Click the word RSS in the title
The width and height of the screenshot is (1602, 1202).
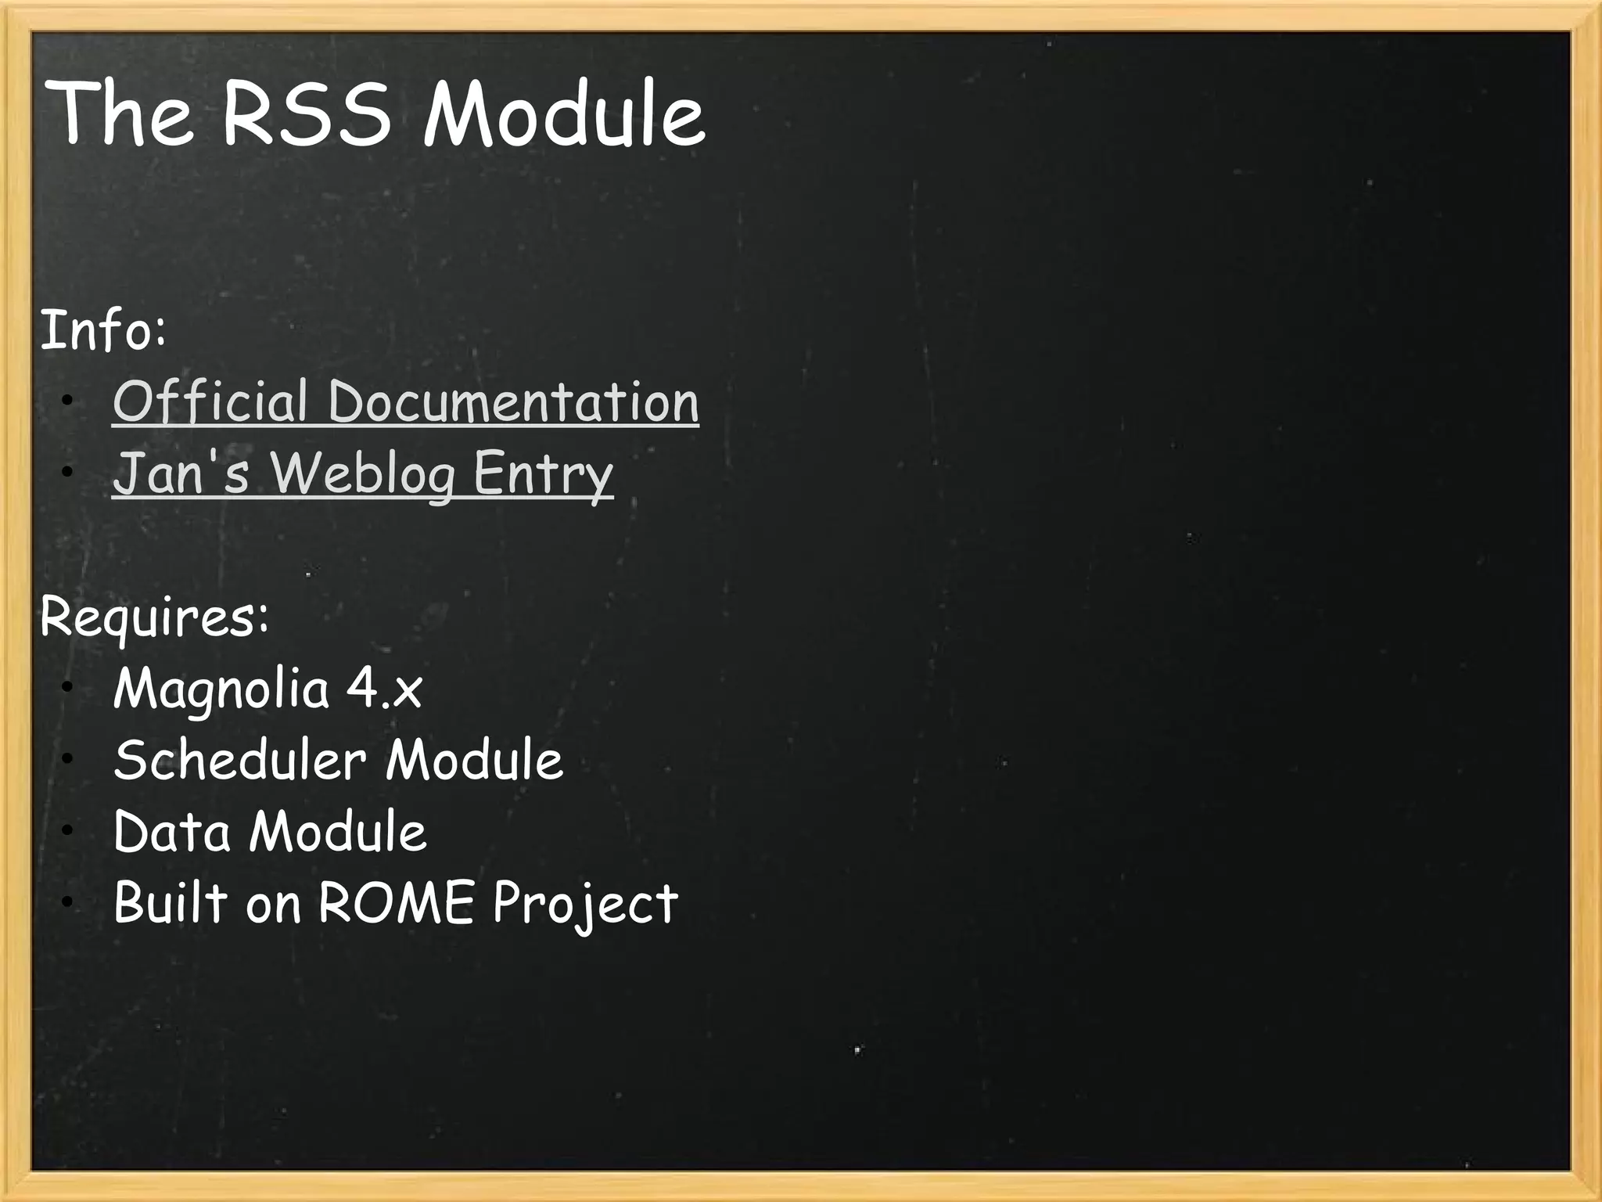pyautogui.click(x=306, y=115)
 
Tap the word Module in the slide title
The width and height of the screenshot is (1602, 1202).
pyautogui.click(x=563, y=115)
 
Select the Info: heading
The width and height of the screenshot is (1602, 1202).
pyautogui.click(x=102, y=331)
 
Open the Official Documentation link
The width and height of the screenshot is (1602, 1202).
pyautogui.click(x=405, y=402)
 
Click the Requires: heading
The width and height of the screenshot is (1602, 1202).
pyautogui.click(x=154, y=617)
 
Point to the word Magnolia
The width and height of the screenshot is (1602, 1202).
pyautogui.click(x=221, y=689)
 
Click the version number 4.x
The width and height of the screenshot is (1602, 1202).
pyautogui.click(x=384, y=689)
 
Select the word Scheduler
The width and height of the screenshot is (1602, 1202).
pyautogui.click(x=239, y=760)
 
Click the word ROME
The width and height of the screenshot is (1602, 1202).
pyautogui.click(x=396, y=903)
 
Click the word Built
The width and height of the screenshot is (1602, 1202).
pyautogui.click(x=170, y=903)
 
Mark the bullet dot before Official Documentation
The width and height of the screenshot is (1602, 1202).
pyautogui.click(x=68, y=402)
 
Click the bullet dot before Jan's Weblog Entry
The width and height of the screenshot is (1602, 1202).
pyautogui.click(x=68, y=472)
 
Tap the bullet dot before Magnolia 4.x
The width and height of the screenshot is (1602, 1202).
pyautogui.click(x=68, y=687)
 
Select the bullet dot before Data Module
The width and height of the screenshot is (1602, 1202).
pyautogui.click(x=68, y=830)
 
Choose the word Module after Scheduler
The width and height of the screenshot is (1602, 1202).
pyautogui.click(x=474, y=760)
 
